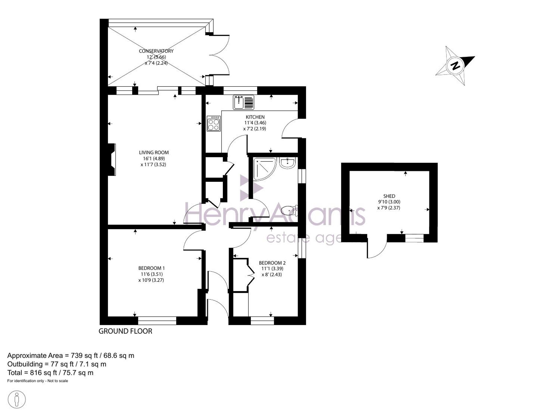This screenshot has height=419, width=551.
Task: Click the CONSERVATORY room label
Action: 156,51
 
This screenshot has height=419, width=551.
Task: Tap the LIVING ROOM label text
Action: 154,152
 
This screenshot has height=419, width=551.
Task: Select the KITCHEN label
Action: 255,117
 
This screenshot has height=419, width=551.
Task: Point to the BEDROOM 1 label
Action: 152,268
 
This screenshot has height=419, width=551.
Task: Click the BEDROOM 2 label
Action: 272,263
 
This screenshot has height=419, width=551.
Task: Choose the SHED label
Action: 389,196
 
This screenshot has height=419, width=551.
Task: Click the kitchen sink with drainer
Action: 244,102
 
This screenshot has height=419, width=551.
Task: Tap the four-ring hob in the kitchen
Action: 214,123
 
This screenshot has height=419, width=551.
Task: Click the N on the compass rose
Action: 456,66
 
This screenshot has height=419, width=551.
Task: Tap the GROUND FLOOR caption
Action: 125,331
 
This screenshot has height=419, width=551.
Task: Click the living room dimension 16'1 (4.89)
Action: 154,158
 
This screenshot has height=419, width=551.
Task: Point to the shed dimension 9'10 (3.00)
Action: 389,202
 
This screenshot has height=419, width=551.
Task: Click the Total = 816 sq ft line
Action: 50,373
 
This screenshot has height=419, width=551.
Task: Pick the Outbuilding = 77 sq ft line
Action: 57,364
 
